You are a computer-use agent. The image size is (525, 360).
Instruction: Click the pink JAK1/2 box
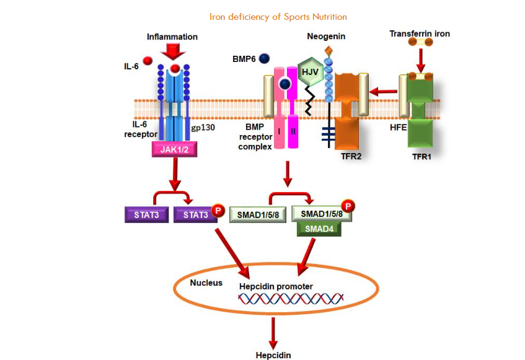176,149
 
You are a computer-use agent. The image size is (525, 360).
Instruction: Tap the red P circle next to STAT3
217,211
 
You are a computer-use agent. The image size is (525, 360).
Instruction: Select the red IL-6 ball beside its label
147,60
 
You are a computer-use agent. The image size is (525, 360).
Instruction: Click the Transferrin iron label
419,33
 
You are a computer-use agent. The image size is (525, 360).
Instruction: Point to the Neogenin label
326,37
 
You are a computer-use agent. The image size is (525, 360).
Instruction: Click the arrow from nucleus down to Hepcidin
271,335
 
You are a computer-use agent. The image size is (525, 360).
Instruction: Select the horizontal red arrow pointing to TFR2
384,92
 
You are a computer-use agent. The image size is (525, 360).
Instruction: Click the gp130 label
203,126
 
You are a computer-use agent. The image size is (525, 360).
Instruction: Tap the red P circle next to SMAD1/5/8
349,206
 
